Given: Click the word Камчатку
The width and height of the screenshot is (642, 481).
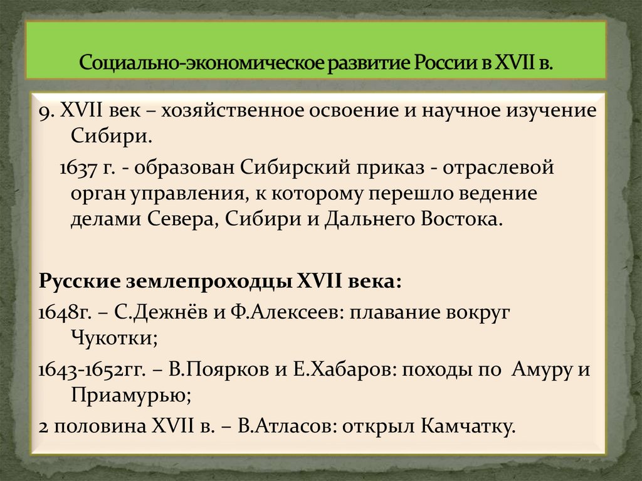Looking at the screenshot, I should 465,426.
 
